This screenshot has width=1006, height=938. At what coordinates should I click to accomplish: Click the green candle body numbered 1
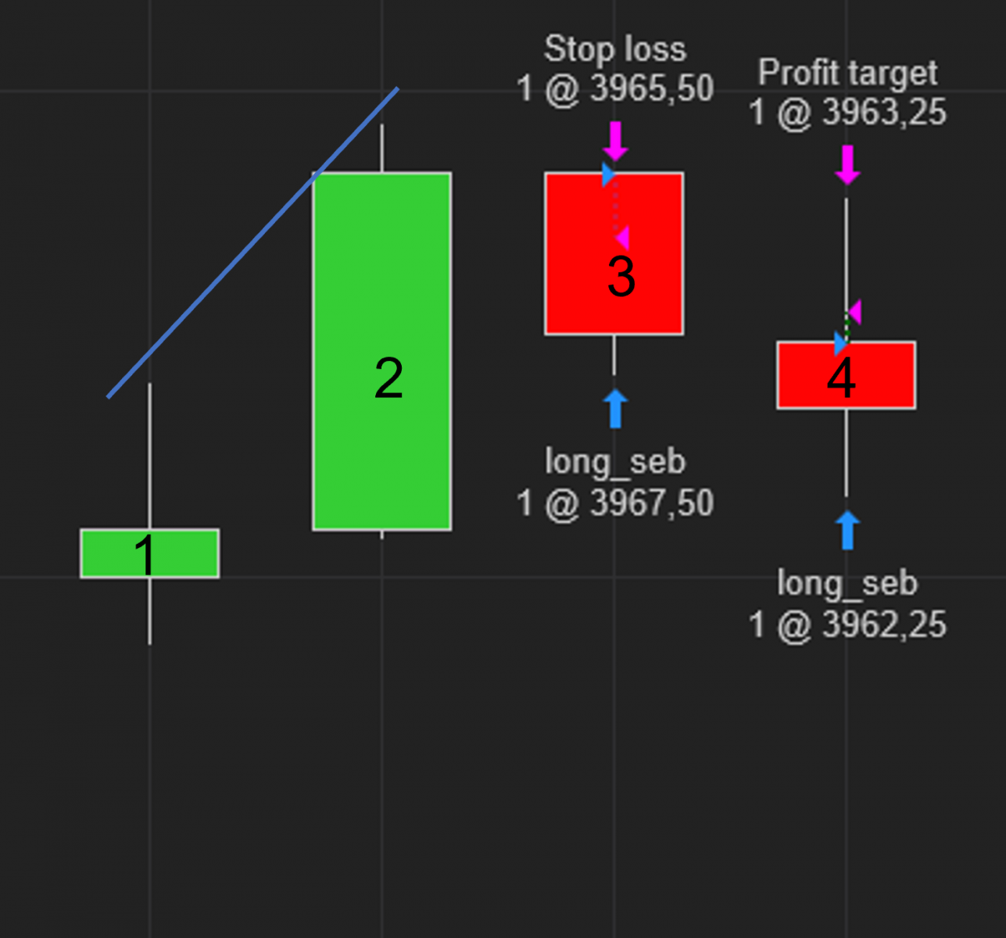(x=150, y=553)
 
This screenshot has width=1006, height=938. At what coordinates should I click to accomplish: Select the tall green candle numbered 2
(x=382, y=351)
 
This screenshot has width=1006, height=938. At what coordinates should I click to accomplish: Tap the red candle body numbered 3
(x=614, y=253)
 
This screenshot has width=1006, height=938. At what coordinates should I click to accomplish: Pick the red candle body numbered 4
(x=846, y=375)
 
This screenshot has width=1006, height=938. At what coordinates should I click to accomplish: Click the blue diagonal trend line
(x=252, y=243)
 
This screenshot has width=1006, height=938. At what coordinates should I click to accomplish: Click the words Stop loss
(x=615, y=49)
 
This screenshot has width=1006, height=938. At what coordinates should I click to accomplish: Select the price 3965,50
(x=653, y=88)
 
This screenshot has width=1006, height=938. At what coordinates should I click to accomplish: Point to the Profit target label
(x=847, y=73)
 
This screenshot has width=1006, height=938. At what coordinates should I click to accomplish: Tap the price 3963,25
(x=884, y=112)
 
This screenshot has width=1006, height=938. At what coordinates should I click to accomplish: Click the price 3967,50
(x=653, y=503)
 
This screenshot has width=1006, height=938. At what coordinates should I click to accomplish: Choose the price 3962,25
(x=884, y=625)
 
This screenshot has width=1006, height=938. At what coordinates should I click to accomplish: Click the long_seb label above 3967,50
(x=615, y=462)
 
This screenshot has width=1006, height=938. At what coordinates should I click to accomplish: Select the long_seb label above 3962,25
(x=847, y=583)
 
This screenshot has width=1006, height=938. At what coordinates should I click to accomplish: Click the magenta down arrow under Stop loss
(x=615, y=141)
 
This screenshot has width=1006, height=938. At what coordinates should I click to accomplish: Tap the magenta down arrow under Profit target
(x=847, y=165)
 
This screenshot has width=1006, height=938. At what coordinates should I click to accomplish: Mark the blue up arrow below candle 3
(x=615, y=409)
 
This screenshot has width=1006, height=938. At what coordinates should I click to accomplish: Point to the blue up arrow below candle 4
(x=847, y=530)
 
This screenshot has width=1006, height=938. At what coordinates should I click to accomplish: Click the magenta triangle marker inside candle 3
(x=622, y=238)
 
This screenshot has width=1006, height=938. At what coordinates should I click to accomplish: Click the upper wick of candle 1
(x=149, y=456)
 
